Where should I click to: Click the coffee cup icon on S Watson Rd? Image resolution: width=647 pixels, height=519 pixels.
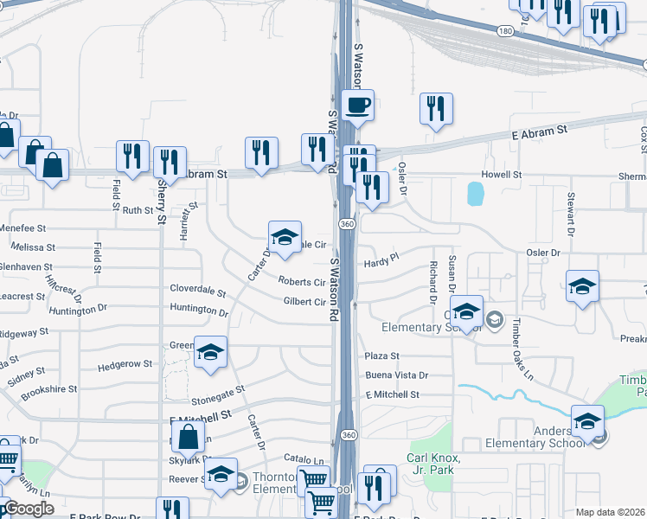[357, 106]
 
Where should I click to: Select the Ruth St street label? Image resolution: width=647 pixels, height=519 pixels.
[137, 210]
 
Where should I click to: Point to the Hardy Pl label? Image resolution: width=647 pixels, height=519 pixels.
[380, 260]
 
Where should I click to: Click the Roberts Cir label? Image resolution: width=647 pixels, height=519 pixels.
[302, 282]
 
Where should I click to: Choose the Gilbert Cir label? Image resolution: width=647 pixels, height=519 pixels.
[304, 302]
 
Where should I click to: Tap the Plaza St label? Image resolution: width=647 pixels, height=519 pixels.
[381, 356]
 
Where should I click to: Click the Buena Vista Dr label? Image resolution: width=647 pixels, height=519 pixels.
[396, 375]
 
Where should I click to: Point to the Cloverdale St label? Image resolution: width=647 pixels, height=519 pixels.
[197, 292]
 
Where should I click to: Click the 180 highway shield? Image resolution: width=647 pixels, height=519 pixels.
[505, 30]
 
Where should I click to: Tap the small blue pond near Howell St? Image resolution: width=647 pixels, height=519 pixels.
[475, 194]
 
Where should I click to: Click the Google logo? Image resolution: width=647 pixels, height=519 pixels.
[28, 509]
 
